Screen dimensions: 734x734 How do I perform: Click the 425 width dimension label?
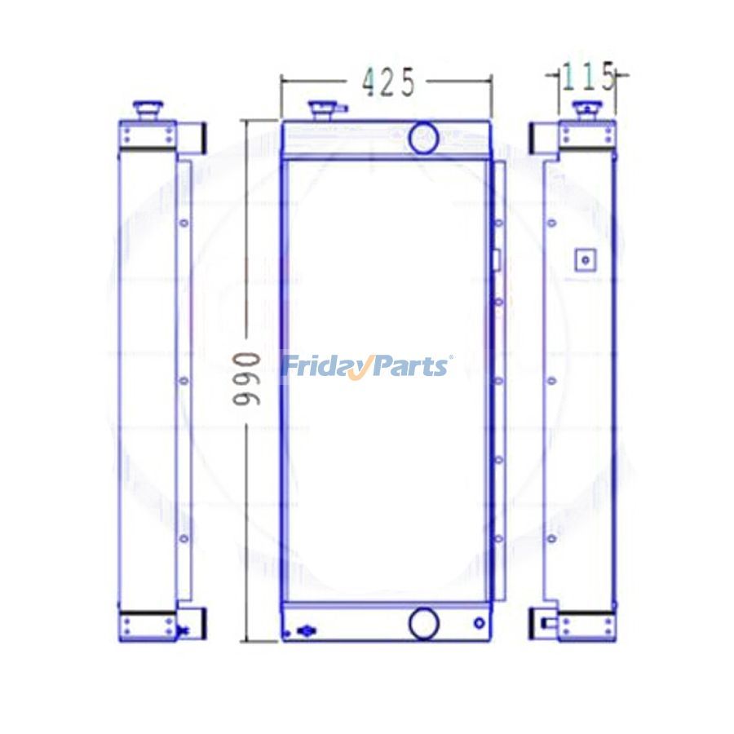coord(388,82)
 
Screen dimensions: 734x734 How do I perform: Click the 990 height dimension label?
coord(246,379)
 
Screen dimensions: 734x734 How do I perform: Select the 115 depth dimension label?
coord(588,77)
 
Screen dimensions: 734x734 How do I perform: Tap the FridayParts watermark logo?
coord(366,366)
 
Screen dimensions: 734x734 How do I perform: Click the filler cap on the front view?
coord(320,111)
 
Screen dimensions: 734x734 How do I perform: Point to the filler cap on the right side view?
coord(587,111)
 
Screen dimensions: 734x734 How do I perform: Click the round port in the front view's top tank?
coord(423,137)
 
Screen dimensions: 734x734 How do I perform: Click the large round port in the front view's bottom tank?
coord(423,623)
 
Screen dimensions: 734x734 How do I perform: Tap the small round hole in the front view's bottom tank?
coord(479,624)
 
